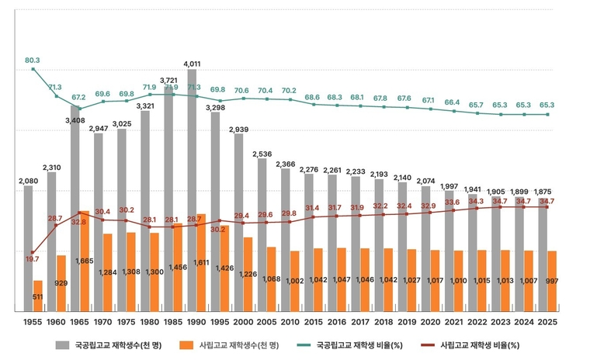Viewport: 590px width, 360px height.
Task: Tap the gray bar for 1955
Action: (28, 248)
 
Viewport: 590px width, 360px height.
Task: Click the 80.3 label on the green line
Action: (33, 60)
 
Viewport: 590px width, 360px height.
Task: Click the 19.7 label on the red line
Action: (33, 259)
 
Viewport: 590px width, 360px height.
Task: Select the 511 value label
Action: (37, 296)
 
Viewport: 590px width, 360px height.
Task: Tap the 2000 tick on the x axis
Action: (242, 320)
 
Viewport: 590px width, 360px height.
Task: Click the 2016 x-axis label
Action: (336, 320)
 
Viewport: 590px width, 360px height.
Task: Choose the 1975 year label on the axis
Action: (126, 320)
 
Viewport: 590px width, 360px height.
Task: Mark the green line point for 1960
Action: (56, 95)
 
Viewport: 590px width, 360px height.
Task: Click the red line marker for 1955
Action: (33, 252)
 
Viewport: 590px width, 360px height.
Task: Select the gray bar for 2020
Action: (425, 248)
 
